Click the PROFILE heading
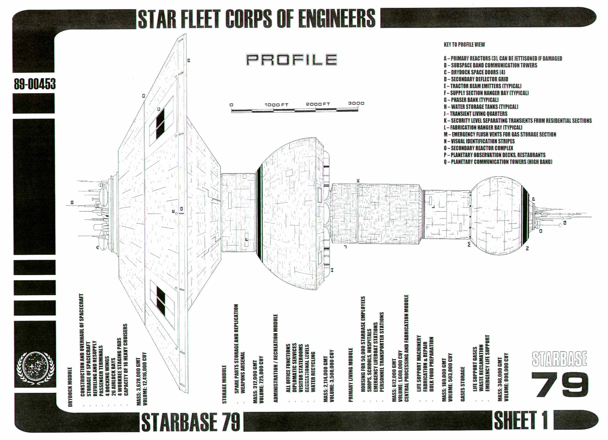pyautogui.click(x=291, y=60)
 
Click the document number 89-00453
pyautogui.click(x=35, y=84)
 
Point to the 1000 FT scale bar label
pyautogui.click(x=276, y=105)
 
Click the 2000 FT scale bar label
pyautogui.click(x=318, y=104)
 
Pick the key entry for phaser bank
pyautogui.click(x=471, y=100)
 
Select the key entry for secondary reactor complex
pyautogui.click(x=478, y=148)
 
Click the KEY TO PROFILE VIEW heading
pyautogui.click(x=464, y=45)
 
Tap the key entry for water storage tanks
pyautogui.click(x=481, y=107)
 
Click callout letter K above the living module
pyautogui.click(x=358, y=181)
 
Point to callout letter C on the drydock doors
pyautogui.click(x=159, y=109)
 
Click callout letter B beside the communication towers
pyautogui.click(x=72, y=202)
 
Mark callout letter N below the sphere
pyautogui.click(x=527, y=249)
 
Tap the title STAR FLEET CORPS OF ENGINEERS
pyautogui.click(x=256, y=18)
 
